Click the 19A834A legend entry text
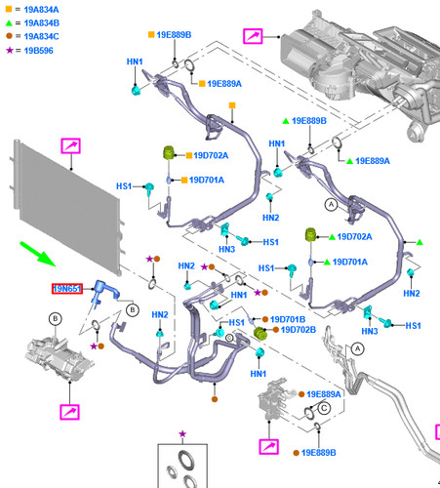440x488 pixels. (41, 10)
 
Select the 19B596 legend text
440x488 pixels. (38, 51)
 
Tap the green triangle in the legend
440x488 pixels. (9, 23)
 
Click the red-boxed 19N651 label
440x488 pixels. (67, 289)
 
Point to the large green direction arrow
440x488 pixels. (37, 254)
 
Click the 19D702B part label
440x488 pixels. (299, 330)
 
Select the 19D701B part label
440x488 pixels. (288, 319)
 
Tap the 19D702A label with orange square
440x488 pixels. (211, 155)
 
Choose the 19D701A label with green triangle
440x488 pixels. (350, 262)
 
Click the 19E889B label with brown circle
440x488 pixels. (318, 453)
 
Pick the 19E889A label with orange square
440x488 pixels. (224, 84)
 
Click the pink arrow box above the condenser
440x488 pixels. (70, 145)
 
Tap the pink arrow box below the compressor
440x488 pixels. (69, 412)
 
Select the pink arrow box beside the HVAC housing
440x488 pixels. (253, 36)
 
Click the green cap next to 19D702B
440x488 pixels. (260, 334)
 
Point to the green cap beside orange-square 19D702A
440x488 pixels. (169, 153)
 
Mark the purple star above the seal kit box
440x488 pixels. (182, 433)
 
